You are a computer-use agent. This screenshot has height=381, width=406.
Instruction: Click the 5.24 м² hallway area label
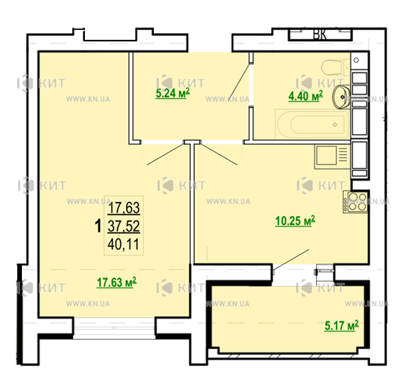coord(172,93)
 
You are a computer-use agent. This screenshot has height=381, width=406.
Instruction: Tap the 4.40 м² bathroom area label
coord(306,96)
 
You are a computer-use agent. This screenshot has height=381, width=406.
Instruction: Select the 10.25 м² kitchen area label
coord(295,221)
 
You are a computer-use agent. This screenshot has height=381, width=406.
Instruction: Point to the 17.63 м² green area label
coord(117,282)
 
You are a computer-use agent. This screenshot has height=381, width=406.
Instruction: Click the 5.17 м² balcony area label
coord(342,325)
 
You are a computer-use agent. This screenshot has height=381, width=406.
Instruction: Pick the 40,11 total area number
coord(123,244)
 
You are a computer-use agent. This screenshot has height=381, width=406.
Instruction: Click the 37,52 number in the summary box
coord(124,226)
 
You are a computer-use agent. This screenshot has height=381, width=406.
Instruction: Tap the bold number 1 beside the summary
coord(98,226)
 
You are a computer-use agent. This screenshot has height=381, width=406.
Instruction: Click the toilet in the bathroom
coord(336,67)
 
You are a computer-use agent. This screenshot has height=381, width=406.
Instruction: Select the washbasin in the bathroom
coord(342,97)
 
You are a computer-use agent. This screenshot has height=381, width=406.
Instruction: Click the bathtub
coord(312,124)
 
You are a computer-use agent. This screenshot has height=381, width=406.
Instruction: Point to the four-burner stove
coord(356,202)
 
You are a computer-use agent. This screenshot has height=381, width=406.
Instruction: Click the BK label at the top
coord(320,34)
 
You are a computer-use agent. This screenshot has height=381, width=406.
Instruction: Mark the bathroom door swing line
coord(239,80)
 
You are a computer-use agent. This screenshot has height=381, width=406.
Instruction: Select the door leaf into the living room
coord(165,155)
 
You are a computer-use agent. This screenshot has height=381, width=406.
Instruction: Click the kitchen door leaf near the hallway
coord(219,155)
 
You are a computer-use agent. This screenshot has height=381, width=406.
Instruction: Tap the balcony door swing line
coord(291,260)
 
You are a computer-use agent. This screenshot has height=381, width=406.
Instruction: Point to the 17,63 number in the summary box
coord(124,208)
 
